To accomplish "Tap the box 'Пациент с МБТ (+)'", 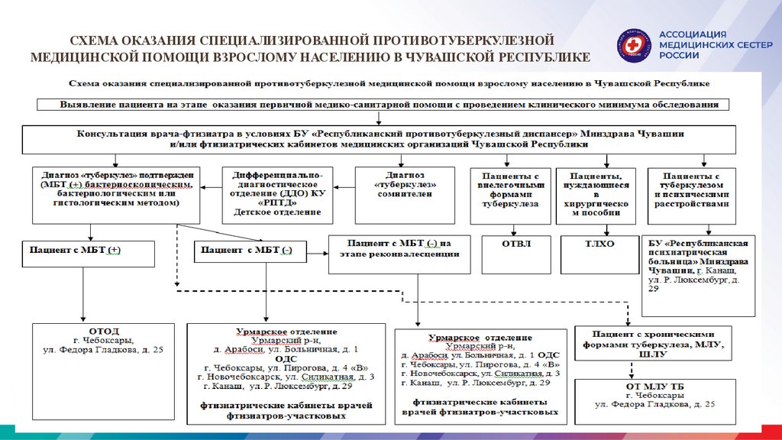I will click(x=89, y=251).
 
